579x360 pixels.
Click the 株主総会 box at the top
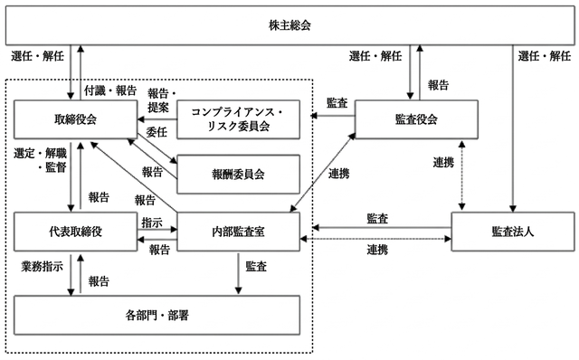pos(289,25)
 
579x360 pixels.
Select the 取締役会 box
pos(75,119)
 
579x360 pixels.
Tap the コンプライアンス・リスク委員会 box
pos(238,119)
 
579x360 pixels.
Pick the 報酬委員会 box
pos(238,175)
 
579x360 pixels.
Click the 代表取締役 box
pos(75,232)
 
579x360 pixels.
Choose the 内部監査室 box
pos(238,232)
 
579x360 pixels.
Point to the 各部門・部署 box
pos(157,316)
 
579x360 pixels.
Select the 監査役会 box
pos(416,119)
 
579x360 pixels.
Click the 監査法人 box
pos(513,232)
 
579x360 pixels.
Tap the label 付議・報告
pos(110,90)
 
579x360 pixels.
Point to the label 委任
pos(157,132)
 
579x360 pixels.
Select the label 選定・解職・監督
pos(40,160)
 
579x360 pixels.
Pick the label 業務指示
pos(42,266)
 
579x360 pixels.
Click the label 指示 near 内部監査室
pos(152,223)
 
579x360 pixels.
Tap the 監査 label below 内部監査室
pos(256,266)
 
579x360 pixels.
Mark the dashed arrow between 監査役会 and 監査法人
pos(461,175)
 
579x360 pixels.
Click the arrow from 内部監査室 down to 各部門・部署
pos(238,273)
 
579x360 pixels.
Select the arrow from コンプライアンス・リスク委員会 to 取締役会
pos(157,119)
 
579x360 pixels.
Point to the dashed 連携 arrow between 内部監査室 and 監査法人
pos(375,239)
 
